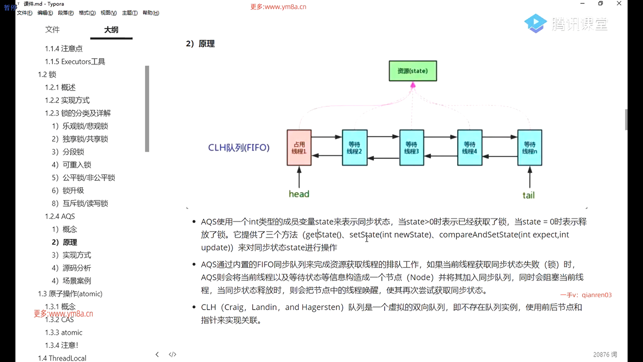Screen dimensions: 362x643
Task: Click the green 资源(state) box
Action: (413, 71)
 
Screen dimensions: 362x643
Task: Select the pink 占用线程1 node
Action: (299, 148)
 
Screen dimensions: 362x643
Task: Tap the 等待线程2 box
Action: (354, 148)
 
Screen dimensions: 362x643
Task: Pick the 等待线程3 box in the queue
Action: (412, 148)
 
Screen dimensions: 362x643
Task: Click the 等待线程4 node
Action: (470, 148)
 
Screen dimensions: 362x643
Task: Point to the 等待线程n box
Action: (529, 148)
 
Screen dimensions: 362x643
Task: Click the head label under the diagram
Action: (299, 194)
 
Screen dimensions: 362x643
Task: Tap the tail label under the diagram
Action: (528, 195)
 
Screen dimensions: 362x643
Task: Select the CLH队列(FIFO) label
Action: (239, 148)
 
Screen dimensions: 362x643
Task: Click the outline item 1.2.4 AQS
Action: (60, 217)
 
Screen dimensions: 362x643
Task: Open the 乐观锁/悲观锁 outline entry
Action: (85, 126)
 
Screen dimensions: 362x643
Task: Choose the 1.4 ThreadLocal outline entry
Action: (62, 358)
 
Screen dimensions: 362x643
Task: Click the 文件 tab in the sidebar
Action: (53, 30)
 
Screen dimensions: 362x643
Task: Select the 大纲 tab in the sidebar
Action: (111, 30)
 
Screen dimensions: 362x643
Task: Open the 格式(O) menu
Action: (87, 13)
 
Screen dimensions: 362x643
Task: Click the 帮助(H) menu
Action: (151, 13)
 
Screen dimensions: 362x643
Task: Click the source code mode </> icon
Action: (172, 354)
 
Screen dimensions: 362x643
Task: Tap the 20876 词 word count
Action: (605, 354)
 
